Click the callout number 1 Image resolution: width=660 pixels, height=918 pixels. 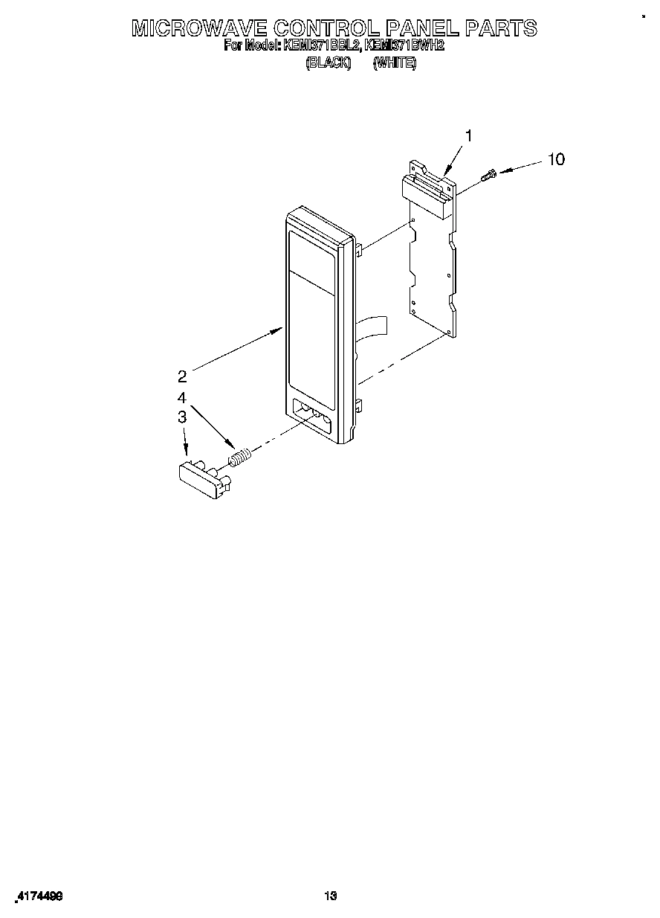(x=468, y=135)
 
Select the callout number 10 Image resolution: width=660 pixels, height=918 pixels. (x=555, y=159)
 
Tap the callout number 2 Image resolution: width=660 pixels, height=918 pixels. (x=182, y=376)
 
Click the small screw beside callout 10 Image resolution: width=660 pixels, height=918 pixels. (x=490, y=175)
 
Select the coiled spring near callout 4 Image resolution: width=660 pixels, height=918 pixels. (x=239, y=458)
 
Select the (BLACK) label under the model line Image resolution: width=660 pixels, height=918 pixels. (x=328, y=64)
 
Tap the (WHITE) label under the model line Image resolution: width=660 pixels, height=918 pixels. (x=395, y=64)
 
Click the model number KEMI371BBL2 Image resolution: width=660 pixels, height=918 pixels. (x=322, y=46)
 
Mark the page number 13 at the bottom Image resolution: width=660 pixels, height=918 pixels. (x=331, y=896)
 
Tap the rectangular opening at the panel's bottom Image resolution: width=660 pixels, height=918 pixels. (x=313, y=417)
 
